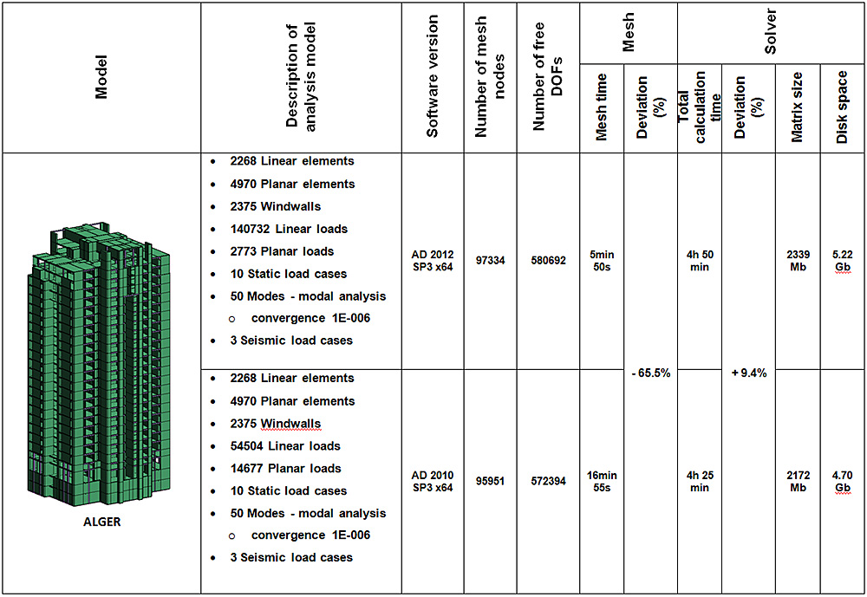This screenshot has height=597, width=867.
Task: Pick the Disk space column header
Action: (x=842, y=107)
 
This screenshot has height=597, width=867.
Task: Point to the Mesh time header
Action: (x=601, y=107)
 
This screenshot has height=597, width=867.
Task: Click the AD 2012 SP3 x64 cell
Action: (x=432, y=261)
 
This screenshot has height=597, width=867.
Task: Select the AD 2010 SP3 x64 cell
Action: (x=432, y=481)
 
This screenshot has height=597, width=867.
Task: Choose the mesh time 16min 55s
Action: (x=601, y=481)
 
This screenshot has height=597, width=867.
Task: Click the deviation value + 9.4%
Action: (x=750, y=373)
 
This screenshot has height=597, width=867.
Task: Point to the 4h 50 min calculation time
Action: (x=699, y=261)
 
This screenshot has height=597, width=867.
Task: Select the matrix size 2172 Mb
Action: (x=798, y=481)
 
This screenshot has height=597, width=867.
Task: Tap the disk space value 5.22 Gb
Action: (x=842, y=261)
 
